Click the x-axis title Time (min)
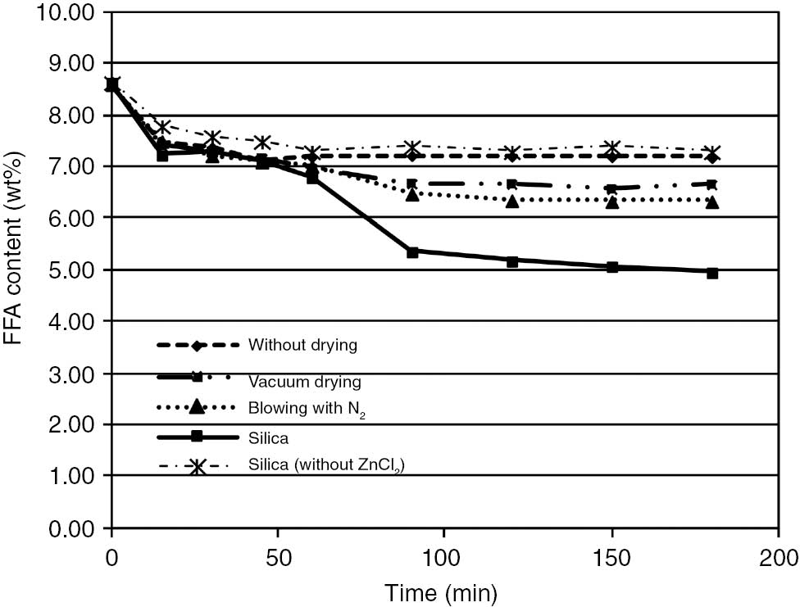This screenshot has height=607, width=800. pyautogui.click(x=443, y=589)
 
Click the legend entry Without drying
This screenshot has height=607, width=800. pyautogui.click(x=302, y=345)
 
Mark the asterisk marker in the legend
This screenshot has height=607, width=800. pyautogui.click(x=197, y=466)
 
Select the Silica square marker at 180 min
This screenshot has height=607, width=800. pyautogui.click(x=711, y=273)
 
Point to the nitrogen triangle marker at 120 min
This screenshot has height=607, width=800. pyautogui.click(x=512, y=201)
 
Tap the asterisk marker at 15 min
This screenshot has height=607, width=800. pyautogui.click(x=162, y=127)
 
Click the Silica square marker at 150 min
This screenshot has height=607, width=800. pyautogui.click(x=611, y=267)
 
